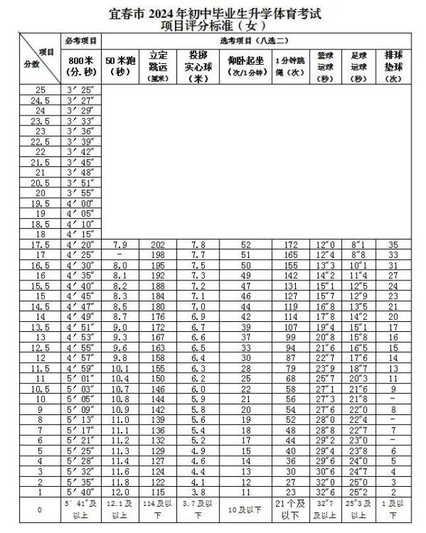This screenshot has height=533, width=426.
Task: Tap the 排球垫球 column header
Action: coord(394,67)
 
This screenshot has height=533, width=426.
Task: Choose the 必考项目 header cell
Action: coord(81,40)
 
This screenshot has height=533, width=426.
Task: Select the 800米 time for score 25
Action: coord(81,90)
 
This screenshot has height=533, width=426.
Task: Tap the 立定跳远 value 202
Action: coord(158,244)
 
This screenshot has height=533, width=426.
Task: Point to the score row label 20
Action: coord(40,193)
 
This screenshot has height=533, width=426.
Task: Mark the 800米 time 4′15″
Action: coord(81,234)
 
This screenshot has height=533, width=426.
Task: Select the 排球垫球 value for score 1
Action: coord(394,491)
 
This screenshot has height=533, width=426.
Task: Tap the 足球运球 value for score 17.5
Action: coord(359,244)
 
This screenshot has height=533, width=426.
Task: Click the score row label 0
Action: coord(40,510)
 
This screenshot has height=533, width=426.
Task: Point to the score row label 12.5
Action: coord(40,347)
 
